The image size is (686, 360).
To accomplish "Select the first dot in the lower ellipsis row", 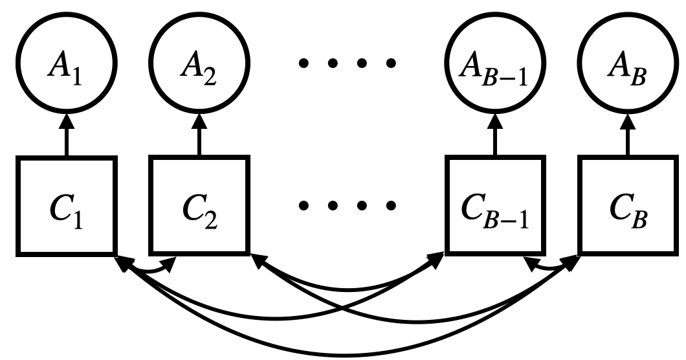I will (303, 206).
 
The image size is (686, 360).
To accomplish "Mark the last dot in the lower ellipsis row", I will (390, 206).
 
